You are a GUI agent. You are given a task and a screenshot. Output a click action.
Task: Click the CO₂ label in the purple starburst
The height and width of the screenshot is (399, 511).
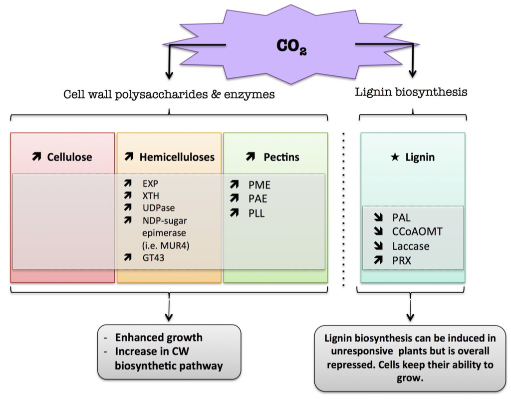pyautogui.click(x=292, y=46)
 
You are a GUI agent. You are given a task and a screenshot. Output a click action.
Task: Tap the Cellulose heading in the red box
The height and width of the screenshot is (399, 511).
pyautogui.click(x=69, y=157)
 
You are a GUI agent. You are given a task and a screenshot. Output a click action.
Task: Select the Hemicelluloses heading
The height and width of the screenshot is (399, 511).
pyautogui.click(x=177, y=157)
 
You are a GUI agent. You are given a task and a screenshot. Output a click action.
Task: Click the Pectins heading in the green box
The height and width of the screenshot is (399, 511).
pyautogui.click(x=281, y=157)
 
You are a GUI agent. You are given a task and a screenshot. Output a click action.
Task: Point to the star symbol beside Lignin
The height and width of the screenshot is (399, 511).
pyautogui.click(x=394, y=158)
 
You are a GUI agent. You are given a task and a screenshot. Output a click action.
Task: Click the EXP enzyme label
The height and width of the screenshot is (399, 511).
pyautogui.click(x=150, y=183)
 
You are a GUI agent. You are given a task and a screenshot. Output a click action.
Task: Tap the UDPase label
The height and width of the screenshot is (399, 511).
pyautogui.click(x=158, y=207)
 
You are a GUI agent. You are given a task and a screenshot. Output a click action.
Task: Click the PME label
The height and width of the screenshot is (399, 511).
pyautogui.click(x=259, y=186)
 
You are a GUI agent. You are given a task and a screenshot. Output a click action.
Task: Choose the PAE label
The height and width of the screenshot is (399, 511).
pyautogui.click(x=258, y=199)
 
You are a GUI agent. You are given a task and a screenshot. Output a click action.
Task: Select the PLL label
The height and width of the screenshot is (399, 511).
pyautogui.click(x=256, y=213)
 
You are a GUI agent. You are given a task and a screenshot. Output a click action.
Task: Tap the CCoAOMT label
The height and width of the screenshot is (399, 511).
pyautogui.click(x=417, y=231)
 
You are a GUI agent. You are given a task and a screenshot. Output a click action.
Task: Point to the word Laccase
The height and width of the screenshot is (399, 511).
pyautogui.click(x=411, y=246)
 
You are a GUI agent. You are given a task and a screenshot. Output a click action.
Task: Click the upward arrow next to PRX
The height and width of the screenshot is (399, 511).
pyautogui.click(x=379, y=260)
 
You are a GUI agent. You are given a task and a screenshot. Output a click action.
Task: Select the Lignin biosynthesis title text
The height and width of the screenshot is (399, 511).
pyautogui.click(x=411, y=92)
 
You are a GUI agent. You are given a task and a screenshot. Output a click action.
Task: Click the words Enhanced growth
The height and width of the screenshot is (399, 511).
pyautogui.click(x=159, y=337)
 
